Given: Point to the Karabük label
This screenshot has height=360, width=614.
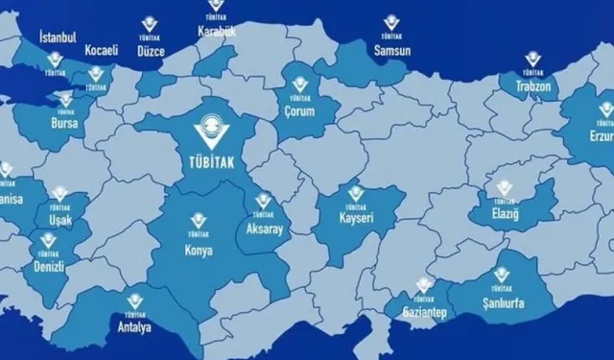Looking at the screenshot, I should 216,32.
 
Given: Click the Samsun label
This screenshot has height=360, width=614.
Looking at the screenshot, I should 390,49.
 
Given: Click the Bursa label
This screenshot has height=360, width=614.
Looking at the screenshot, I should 66,124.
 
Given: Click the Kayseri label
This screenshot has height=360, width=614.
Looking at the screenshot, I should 354,220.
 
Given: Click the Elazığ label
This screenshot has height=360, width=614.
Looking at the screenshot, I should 504,213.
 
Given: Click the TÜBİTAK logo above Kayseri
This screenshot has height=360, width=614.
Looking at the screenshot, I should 356,197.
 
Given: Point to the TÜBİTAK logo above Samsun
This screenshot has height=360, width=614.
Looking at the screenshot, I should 390,24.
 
